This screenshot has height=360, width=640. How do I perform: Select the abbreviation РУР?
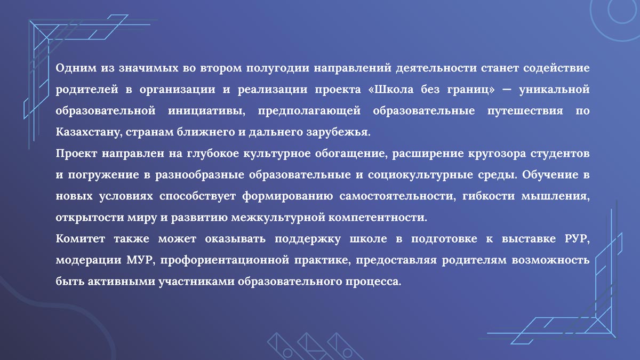tap(577, 238)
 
